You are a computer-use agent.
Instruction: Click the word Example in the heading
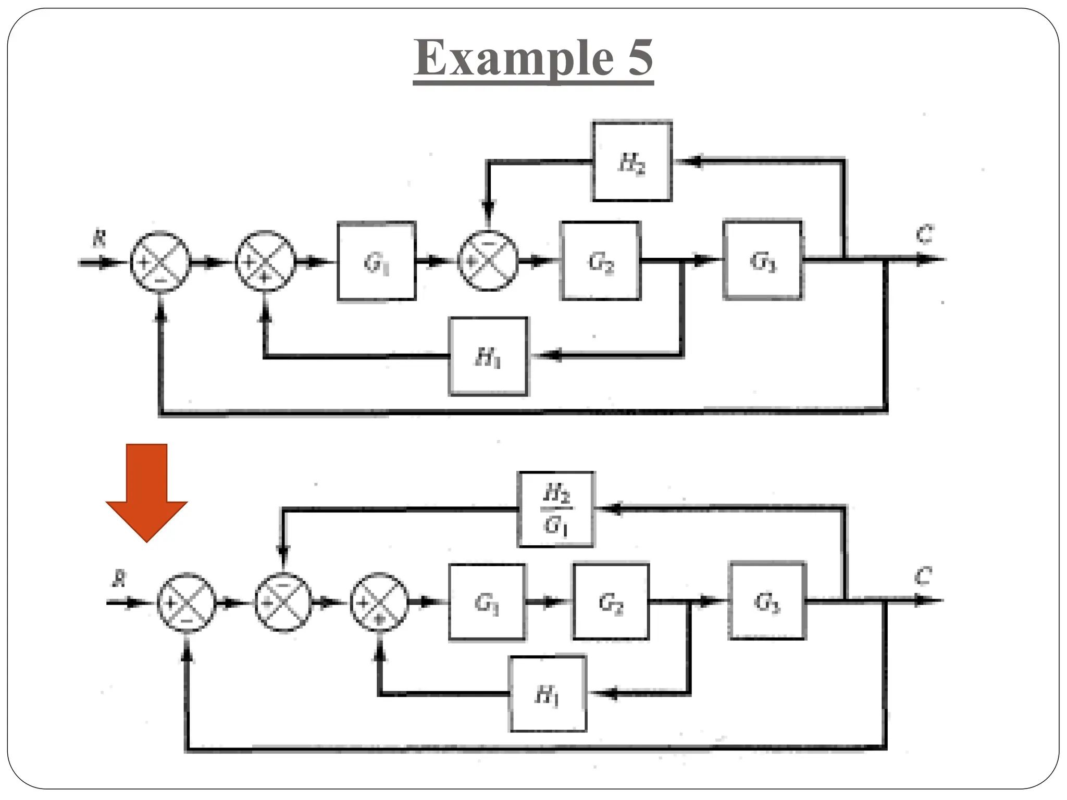pyautogui.click(x=514, y=58)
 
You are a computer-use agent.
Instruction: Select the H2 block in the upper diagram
pyautogui.click(x=632, y=161)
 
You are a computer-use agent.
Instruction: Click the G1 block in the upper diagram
pyautogui.click(x=376, y=261)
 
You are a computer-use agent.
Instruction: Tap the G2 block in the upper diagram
pyautogui.click(x=600, y=261)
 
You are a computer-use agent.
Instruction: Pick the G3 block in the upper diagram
pyautogui.click(x=763, y=260)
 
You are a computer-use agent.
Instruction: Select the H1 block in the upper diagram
pyautogui.click(x=488, y=357)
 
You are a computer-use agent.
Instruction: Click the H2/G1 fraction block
pyautogui.click(x=556, y=509)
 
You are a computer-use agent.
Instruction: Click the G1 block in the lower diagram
pyautogui.click(x=487, y=602)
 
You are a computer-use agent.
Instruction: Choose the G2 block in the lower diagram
pyautogui.click(x=611, y=602)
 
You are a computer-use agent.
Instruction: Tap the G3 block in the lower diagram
pyautogui.click(x=767, y=601)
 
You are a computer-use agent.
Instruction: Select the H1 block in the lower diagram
pyautogui.click(x=548, y=694)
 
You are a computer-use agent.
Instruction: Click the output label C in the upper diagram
pyautogui.click(x=925, y=234)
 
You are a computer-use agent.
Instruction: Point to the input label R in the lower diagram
pyautogui.click(x=120, y=578)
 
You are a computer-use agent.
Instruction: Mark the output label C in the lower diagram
pyautogui.click(x=923, y=577)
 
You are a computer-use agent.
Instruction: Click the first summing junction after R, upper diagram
pyautogui.click(x=160, y=262)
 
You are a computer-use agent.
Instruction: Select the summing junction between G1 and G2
pyautogui.click(x=488, y=261)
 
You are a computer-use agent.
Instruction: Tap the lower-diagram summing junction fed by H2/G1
pyautogui.click(x=283, y=602)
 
